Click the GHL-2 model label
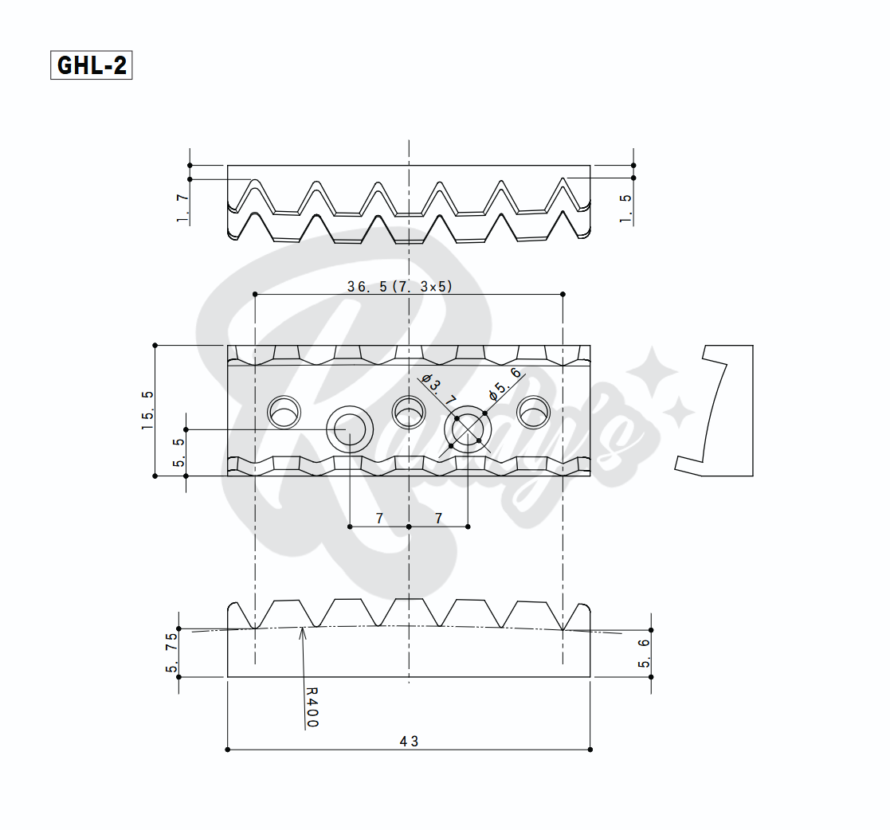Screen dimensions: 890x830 92,65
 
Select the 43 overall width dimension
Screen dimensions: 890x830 409,742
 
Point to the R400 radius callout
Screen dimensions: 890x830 312,707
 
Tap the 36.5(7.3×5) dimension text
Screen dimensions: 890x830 400,287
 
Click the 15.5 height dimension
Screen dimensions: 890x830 147,409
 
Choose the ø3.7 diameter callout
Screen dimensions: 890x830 439,389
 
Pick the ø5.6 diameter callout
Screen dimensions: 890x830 504,383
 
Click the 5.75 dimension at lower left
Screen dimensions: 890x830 171,653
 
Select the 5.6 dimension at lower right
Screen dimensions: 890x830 644,653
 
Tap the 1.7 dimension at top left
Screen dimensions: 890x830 182,208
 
